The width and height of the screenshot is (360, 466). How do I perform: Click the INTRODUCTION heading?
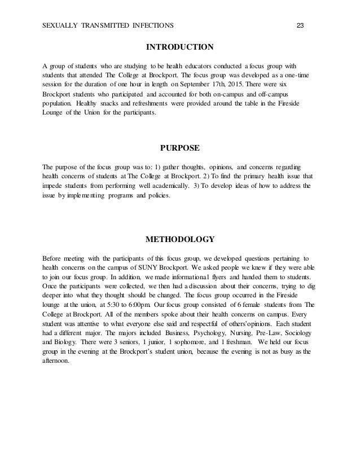179,46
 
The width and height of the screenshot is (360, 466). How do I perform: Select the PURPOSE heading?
179,149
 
